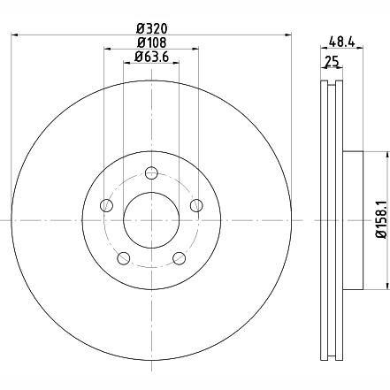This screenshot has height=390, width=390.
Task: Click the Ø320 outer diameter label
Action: [150, 27]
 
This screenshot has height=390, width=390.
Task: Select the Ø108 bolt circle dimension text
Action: [150, 43]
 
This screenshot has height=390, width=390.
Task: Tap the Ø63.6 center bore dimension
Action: [150, 58]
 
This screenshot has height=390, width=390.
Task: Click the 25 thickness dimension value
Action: [332, 61]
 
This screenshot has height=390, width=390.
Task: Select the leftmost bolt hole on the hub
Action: [107, 205]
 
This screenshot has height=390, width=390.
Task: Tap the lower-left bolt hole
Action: [124, 257]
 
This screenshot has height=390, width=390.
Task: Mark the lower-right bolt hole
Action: [179, 257]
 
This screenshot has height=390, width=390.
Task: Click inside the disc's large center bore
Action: [150, 220]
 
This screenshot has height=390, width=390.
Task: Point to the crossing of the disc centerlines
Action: [150, 220]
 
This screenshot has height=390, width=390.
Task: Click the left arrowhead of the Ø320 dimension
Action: [13, 34]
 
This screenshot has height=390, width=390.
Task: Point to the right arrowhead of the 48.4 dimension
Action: [359, 49]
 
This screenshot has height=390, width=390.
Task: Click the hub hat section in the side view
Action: [351, 219]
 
